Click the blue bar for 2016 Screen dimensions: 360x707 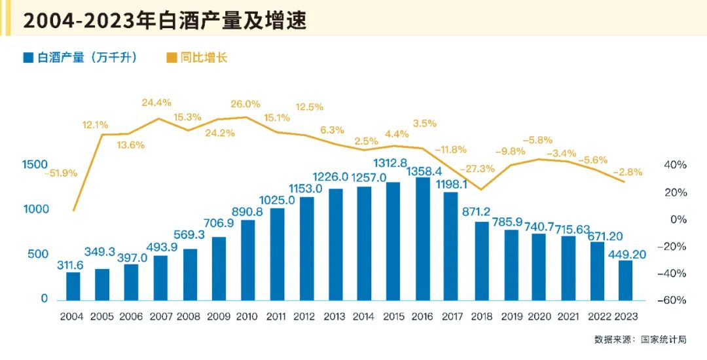point(423,240)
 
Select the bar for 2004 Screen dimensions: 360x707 point(73,287)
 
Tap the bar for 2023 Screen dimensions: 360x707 point(626,281)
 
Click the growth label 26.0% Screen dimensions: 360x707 point(245,103)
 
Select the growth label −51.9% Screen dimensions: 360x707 point(61,173)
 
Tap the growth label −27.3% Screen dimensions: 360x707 point(477,169)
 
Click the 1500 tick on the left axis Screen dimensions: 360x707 point(34,164)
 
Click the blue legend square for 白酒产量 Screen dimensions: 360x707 point(27,58)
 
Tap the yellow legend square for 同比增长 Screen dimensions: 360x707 point(172,58)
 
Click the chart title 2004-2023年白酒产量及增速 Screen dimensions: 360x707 point(164,20)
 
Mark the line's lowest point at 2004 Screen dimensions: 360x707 point(73,211)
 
